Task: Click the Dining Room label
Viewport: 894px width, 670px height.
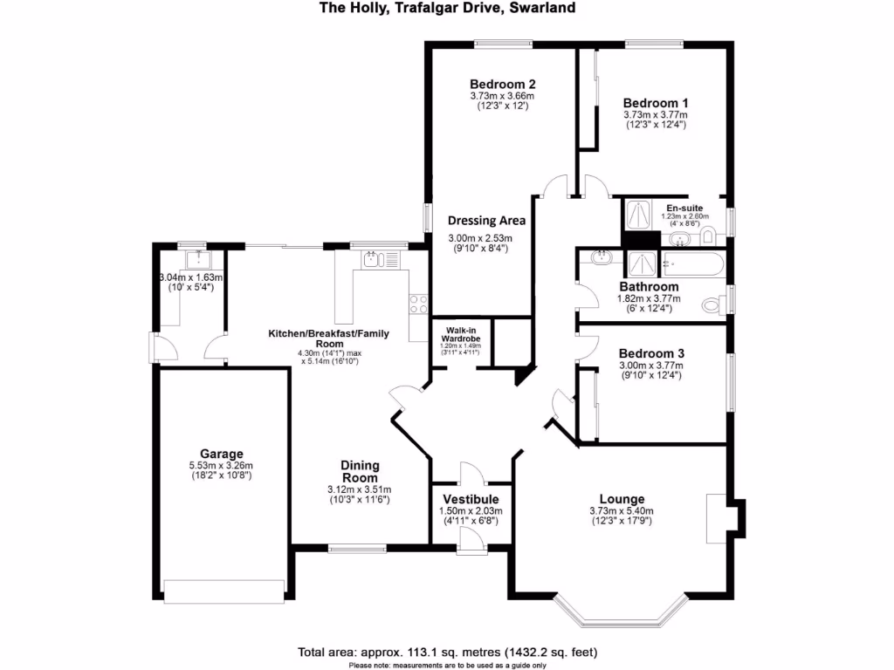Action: point(360,472)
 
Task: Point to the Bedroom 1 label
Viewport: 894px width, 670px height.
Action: point(655,102)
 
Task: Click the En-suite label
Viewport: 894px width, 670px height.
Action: point(684,207)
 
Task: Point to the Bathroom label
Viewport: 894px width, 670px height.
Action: point(649,286)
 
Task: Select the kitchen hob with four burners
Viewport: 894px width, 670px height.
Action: point(417,304)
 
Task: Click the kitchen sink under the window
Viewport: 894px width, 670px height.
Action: point(373,259)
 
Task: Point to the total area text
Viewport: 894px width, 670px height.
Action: point(447,652)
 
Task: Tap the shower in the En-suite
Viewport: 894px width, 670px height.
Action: point(637,213)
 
